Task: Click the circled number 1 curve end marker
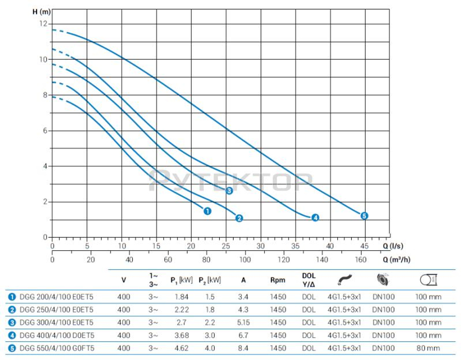(207, 211)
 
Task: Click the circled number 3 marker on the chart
(229, 191)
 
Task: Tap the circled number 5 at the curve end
(364, 216)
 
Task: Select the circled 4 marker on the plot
(315, 218)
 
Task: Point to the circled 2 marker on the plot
(239, 218)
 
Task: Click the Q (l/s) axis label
(392, 246)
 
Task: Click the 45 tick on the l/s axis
(364, 246)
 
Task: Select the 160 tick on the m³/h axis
(361, 260)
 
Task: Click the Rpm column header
(278, 280)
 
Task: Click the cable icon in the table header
(345, 280)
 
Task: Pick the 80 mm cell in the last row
(428, 348)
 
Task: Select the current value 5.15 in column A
(243, 322)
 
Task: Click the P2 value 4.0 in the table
(209, 348)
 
